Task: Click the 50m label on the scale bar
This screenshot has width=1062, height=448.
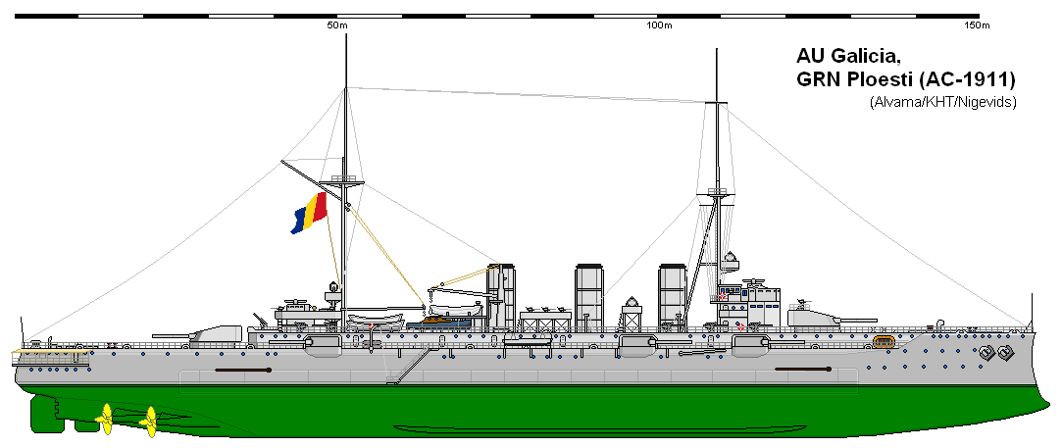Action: (x=337, y=25)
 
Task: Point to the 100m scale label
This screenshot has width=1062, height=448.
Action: (x=659, y=25)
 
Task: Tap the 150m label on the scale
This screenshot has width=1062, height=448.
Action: (x=977, y=25)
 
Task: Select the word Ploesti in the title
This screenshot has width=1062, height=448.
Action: (x=874, y=80)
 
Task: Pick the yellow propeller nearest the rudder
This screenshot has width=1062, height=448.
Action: (x=105, y=419)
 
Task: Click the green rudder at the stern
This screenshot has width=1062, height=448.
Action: (x=45, y=414)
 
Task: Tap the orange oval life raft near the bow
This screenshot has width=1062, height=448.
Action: (x=884, y=341)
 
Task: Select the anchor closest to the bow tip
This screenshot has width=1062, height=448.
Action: (x=1004, y=352)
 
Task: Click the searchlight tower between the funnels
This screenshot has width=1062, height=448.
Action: (x=632, y=315)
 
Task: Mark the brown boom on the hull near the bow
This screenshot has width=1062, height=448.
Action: (x=803, y=370)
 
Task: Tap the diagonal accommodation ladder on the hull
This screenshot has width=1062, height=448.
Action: (x=411, y=366)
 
